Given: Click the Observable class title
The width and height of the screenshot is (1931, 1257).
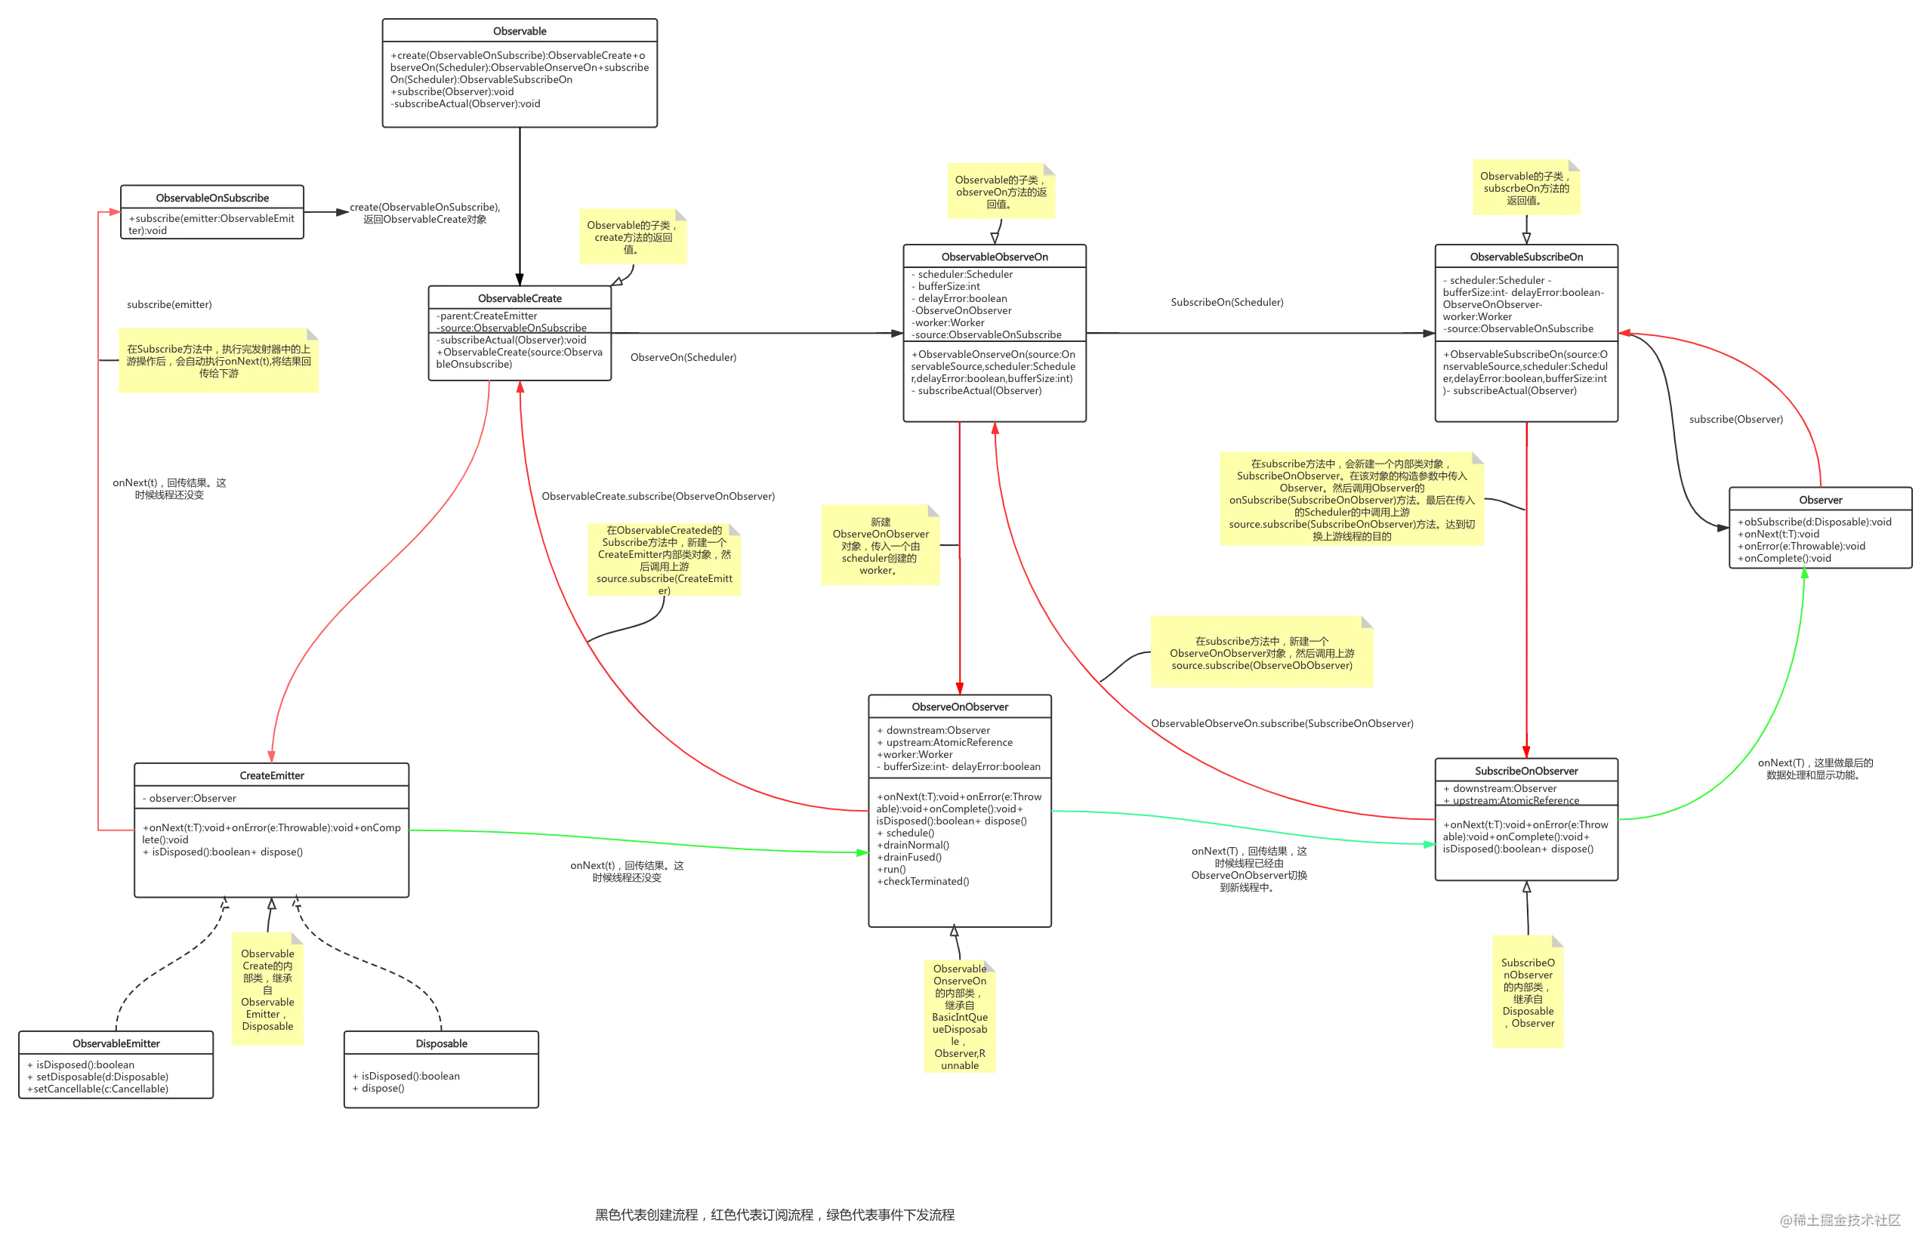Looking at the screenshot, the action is click(x=520, y=31).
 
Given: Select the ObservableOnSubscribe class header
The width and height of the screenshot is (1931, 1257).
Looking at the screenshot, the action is click(x=211, y=198).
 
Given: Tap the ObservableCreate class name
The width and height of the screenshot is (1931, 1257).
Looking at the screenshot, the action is click(x=520, y=298).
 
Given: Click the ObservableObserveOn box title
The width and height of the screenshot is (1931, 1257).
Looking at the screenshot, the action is click(x=994, y=257).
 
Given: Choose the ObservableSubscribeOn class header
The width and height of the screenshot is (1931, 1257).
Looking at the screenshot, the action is click(x=1525, y=257).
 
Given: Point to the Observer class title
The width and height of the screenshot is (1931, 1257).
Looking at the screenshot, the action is click(x=1820, y=500).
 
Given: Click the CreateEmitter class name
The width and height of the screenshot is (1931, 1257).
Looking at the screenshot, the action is click(x=272, y=775).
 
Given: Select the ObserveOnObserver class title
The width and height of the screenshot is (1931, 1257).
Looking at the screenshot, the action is click(x=959, y=707).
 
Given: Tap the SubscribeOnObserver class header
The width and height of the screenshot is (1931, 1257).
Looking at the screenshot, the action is click(x=1525, y=772).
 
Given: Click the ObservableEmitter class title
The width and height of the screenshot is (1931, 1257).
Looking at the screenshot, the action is click(x=116, y=1043).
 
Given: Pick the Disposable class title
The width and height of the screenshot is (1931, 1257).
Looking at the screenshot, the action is click(x=441, y=1043).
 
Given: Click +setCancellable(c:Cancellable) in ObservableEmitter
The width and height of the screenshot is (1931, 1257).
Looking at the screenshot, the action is click(x=99, y=1089).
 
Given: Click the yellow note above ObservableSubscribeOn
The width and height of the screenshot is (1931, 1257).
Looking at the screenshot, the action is click(x=1525, y=188).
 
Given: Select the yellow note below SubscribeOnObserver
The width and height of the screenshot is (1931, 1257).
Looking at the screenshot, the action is click(x=1528, y=993).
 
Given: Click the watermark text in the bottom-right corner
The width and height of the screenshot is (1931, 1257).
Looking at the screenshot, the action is click(x=1840, y=1219).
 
